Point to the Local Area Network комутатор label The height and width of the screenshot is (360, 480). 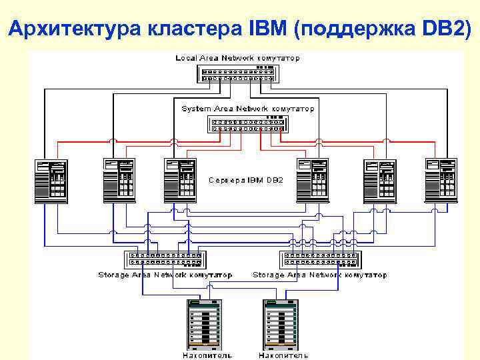click(x=237, y=58)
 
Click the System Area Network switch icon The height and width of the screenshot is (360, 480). click(x=247, y=124)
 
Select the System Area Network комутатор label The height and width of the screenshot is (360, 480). click(x=248, y=108)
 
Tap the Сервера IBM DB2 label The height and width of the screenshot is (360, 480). click(x=246, y=180)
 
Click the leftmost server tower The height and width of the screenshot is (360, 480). click(x=51, y=180)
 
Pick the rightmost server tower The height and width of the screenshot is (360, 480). click(x=441, y=180)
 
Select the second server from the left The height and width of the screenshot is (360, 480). click(x=119, y=180)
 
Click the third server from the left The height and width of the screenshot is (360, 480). click(x=181, y=180)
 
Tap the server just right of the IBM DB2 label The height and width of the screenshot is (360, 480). click(x=313, y=180)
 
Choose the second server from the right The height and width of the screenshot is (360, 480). click(x=379, y=180)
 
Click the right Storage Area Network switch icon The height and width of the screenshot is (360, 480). click(x=319, y=259)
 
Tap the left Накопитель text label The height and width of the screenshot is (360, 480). click(x=207, y=355)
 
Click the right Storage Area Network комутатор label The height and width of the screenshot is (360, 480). click(x=319, y=275)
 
